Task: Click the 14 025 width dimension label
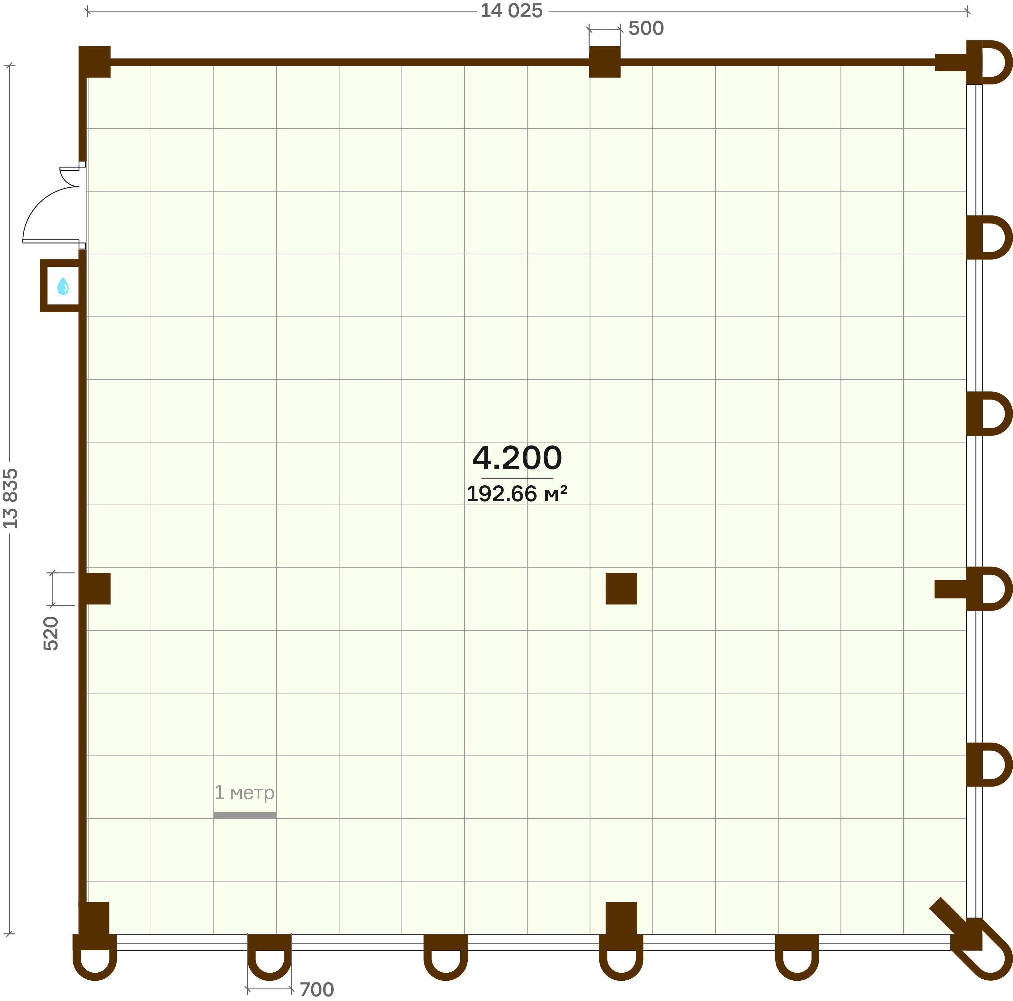[511, 11]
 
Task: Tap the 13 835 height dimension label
[10, 498]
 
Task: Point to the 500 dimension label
[646, 28]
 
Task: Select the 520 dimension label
[51, 634]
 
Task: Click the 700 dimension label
[317, 990]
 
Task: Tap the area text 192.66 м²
[517, 493]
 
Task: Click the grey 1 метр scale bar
[245, 815]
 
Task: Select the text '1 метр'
[244, 792]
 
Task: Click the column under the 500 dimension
[604, 62]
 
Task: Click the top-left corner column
[95, 62]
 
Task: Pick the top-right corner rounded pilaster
[989, 62]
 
